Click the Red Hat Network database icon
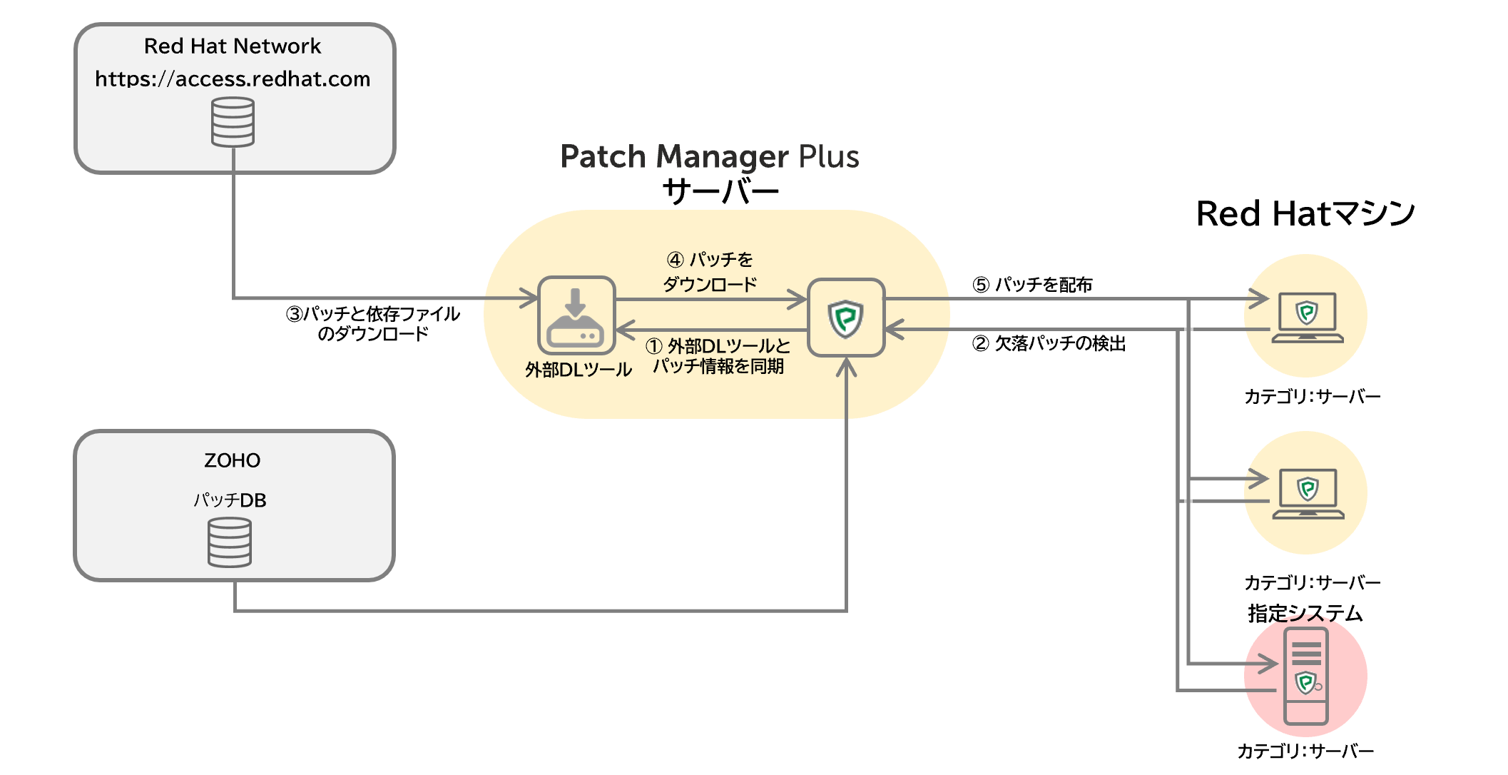tap(233, 122)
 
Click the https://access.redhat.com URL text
tap(233, 78)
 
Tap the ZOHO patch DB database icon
tap(229, 542)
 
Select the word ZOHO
tap(232, 460)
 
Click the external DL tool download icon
tap(576, 315)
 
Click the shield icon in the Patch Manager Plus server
tap(846, 318)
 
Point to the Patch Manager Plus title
tap(709, 157)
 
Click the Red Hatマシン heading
tap(1305, 213)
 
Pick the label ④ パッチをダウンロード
tap(710, 272)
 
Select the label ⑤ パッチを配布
tap(1032, 285)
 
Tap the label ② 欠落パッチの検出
tap(1049, 344)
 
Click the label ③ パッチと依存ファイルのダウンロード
tap(373, 323)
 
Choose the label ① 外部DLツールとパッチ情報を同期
tap(718, 356)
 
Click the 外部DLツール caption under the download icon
tap(579, 370)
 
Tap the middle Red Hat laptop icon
tap(1308, 493)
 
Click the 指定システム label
tap(1305, 613)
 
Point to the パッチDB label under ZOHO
tap(230, 500)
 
